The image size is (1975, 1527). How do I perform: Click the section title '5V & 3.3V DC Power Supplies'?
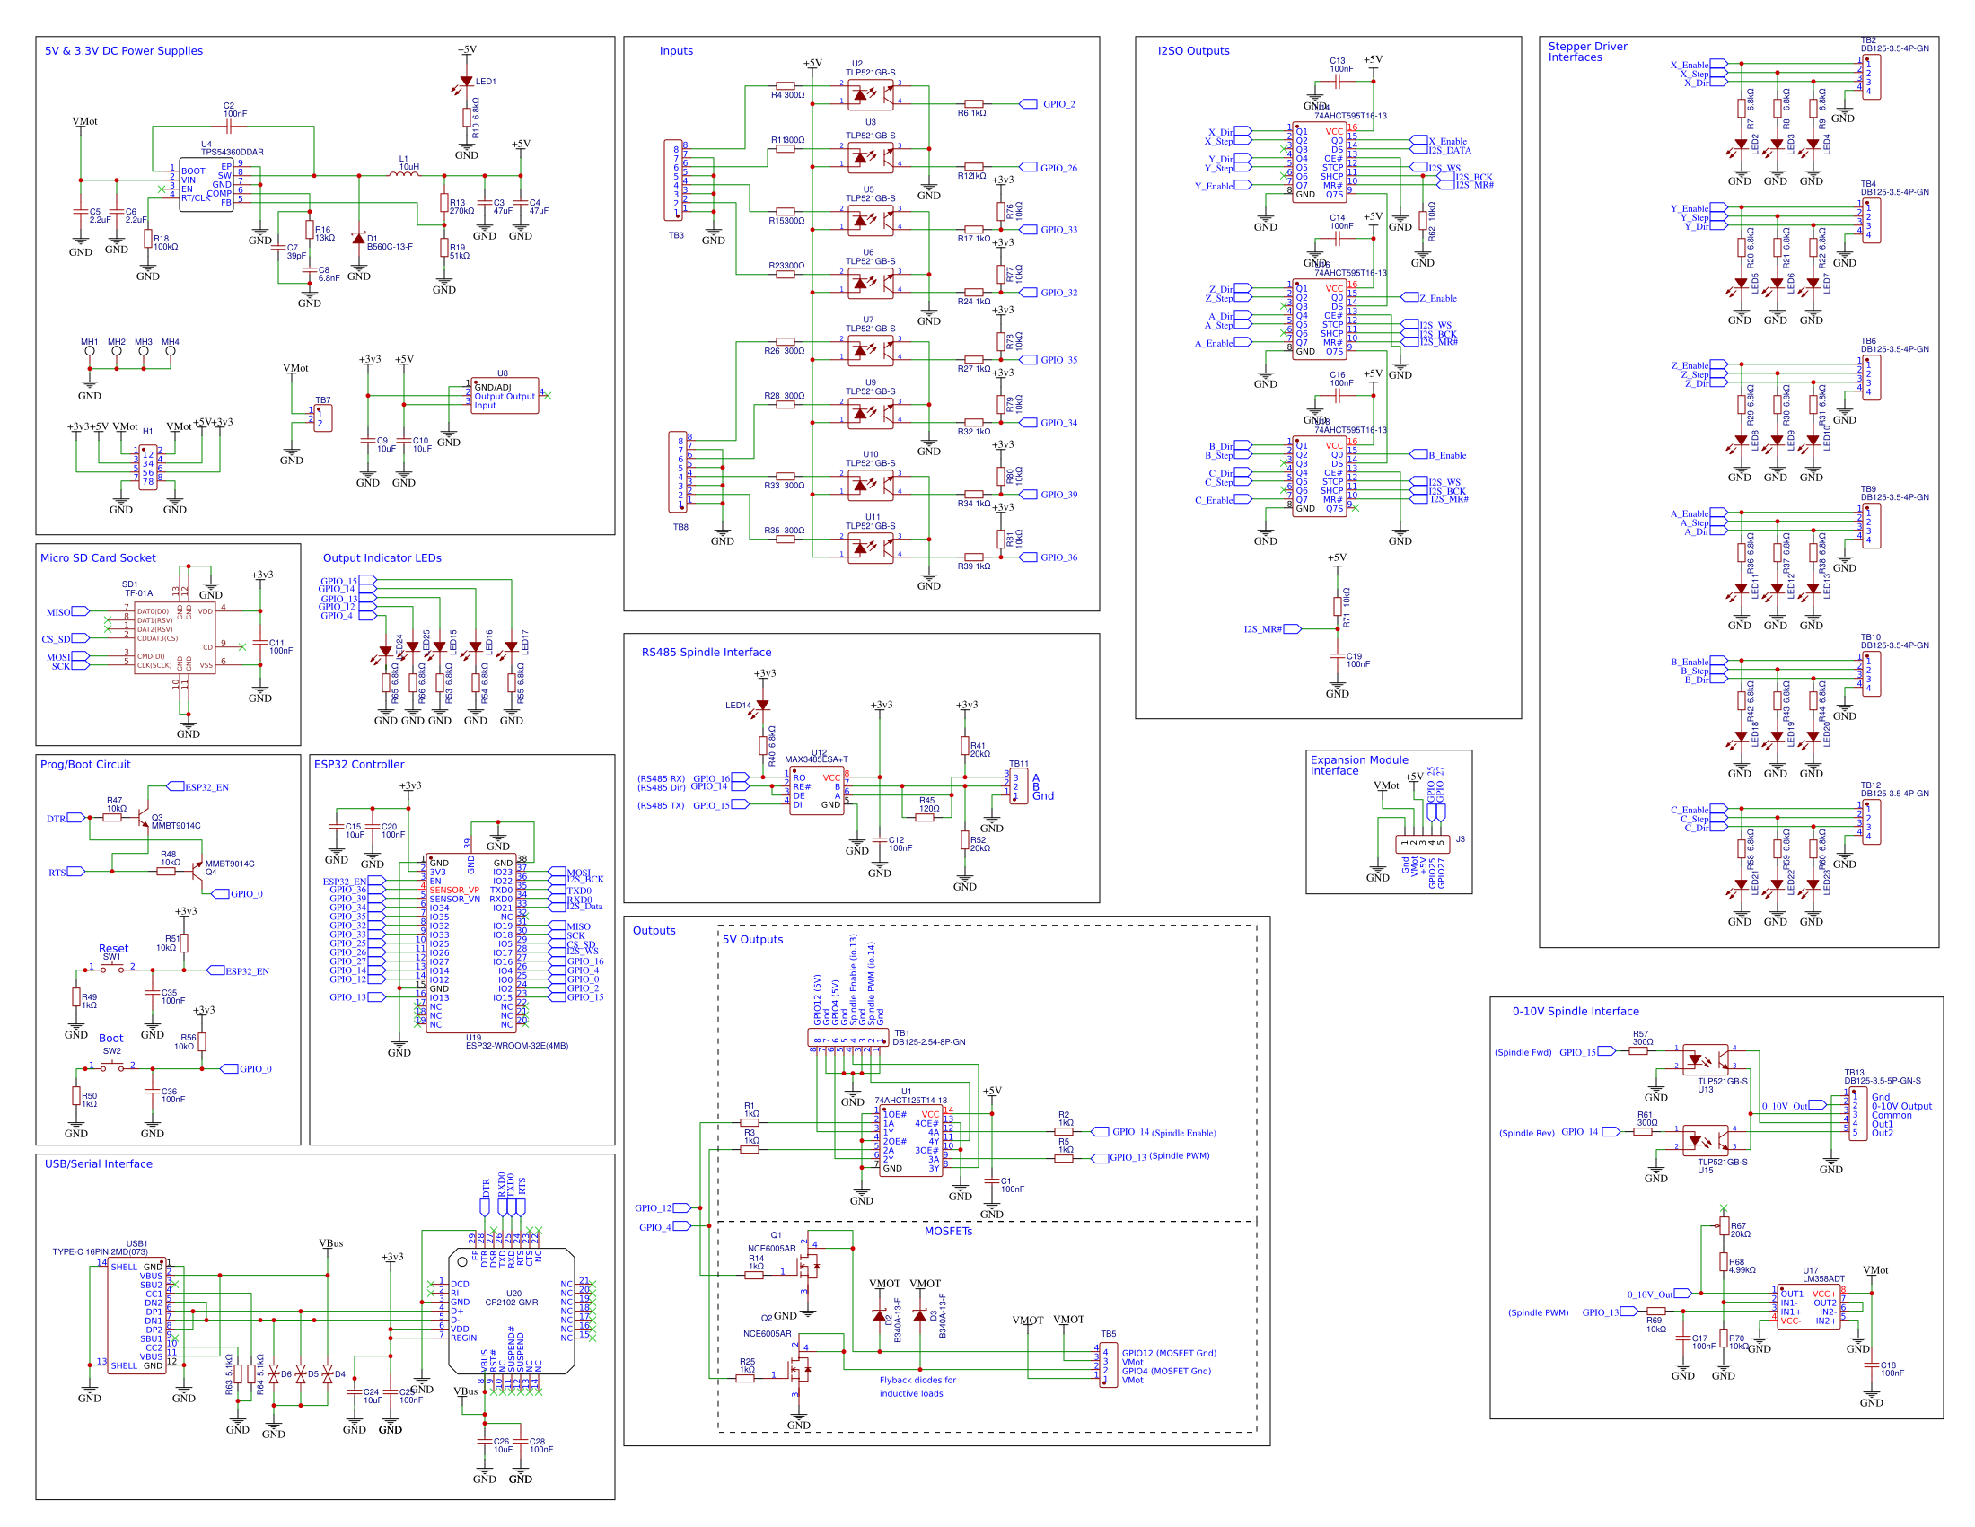124,50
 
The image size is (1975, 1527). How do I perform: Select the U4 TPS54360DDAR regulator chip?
206,185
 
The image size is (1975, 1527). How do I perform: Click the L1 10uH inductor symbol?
404,174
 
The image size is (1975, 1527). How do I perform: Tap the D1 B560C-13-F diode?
359,239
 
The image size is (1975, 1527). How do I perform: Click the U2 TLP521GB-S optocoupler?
870,93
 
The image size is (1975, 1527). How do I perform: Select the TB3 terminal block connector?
673,180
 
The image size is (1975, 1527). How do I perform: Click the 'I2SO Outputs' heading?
1193,50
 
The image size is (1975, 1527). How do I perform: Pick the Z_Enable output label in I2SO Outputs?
1437,298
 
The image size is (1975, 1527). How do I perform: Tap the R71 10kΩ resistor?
1337,606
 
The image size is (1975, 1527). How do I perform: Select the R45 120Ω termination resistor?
924,817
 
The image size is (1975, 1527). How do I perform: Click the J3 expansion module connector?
1423,844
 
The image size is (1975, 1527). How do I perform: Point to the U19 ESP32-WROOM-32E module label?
516,1045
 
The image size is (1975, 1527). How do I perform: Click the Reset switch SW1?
112,968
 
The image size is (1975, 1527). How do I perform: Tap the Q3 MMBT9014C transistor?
142,819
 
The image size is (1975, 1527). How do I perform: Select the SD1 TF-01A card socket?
174,638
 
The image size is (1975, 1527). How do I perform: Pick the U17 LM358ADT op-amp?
1808,1306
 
